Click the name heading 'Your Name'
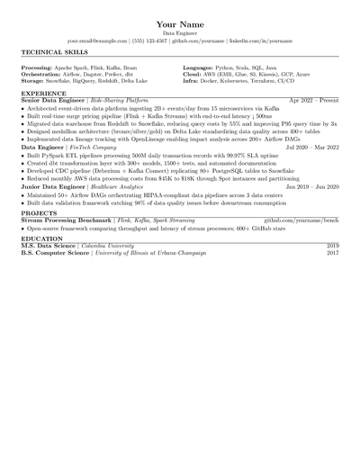click(x=180, y=22)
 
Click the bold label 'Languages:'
click(x=198, y=67)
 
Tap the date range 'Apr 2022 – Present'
click(x=313, y=101)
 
